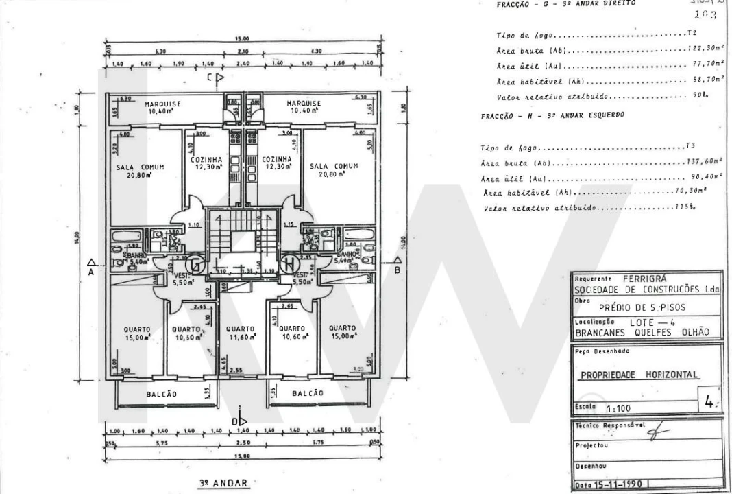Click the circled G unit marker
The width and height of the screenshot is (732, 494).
pos(197,263)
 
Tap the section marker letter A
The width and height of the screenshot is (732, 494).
pos(90,270)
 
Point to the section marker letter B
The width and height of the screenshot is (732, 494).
pos(397,270)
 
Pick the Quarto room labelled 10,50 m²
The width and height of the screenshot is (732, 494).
pos(186,333)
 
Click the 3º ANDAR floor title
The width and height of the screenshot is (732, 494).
pos(222,483)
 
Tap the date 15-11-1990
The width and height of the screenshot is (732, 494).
pos(618,484)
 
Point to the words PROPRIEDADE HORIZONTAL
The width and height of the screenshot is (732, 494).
pos(639,375)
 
